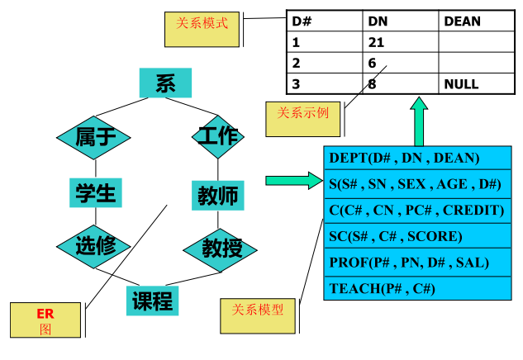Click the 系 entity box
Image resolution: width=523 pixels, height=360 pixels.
[165, 83]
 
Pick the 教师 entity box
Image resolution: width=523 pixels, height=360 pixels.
[217, 196]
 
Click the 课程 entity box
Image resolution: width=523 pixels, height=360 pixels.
[153, 301]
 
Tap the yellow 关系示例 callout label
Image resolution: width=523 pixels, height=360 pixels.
[302, 118]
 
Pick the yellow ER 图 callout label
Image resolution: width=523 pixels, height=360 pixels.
[45, 320]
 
